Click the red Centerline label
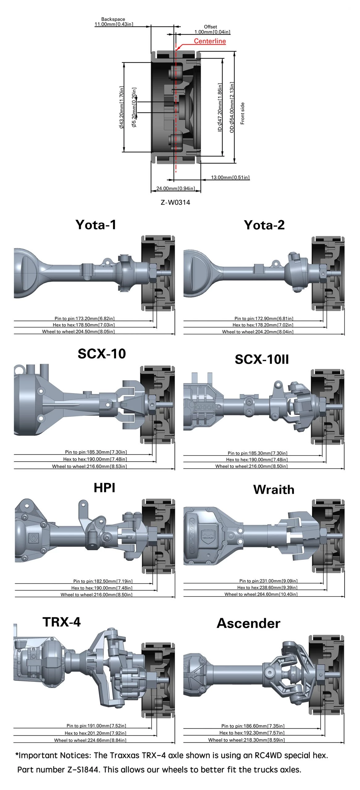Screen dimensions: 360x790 [210, 41]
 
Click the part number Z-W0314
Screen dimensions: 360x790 [175, 202]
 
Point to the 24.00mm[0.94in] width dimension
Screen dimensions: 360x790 [176, 188]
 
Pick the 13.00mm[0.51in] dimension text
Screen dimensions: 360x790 [230, 177]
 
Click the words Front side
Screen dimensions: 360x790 [242, 114]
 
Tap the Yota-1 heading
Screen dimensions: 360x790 [96, 225]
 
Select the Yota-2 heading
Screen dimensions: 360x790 [264, 225]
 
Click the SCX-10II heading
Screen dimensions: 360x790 [262, 359]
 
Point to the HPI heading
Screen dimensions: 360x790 [104, 488]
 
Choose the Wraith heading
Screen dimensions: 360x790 [274, 490]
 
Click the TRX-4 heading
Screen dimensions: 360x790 [62, 622]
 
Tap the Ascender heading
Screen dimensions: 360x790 [249, 623]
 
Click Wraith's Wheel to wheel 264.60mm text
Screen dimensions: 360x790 [261, 594]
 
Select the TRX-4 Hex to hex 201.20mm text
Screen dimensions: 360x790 [95, 733]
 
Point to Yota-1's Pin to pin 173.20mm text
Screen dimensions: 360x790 [85, 318]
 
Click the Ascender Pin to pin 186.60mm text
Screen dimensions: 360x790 [253, 726]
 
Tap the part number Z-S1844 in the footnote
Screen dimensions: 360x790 [83, 770]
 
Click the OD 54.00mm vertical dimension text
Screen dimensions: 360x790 [232, 107]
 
